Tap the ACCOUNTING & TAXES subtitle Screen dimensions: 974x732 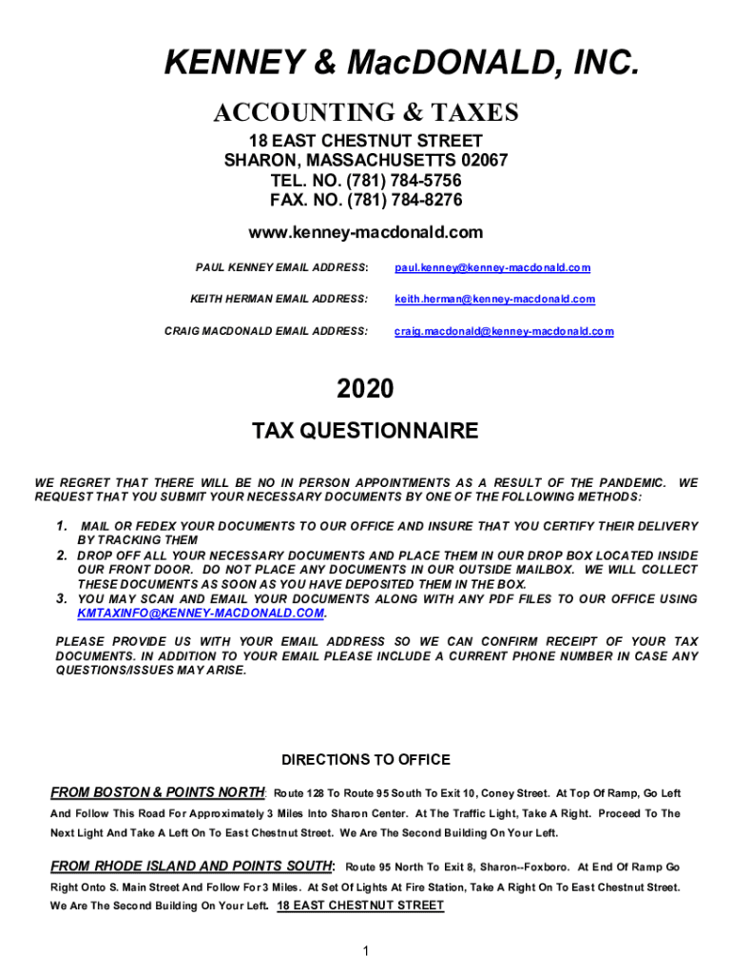(366, 113)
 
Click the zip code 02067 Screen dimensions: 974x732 (483, 161)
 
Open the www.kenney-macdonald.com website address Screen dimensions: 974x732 (366, 232)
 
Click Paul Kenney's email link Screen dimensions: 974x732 (492, 268)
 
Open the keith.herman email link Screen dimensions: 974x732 (494, 300)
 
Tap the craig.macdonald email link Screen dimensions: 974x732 (504, 331)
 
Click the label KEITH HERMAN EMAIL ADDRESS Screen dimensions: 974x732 (279, 300)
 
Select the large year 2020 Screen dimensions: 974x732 (365, 388)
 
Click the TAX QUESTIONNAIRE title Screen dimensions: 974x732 (365, 432)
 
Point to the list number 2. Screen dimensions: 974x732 (61, 555)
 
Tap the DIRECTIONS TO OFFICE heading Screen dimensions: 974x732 (366, 760)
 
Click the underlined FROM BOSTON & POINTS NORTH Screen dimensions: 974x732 (158, 792)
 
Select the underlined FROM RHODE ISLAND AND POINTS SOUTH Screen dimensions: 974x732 (191, 867)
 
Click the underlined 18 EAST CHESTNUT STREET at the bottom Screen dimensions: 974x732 (360, 906)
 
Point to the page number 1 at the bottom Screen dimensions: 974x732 (366, 951)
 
